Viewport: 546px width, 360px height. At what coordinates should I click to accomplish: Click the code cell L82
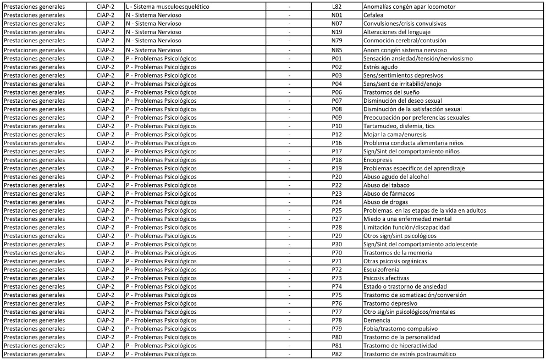tap(337, 7)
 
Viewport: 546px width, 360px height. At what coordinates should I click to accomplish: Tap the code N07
tap(337, 24)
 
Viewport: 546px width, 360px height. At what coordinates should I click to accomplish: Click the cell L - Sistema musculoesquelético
tap(167, 7)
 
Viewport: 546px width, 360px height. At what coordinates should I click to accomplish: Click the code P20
tap(337, 176)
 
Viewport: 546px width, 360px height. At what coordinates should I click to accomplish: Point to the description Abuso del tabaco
tap(386, 185)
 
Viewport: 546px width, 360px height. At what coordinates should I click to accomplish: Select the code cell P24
tap(337, 202)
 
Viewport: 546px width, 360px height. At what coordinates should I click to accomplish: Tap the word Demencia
tap(377, 320)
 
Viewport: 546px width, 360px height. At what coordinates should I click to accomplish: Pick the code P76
tap(337, 303)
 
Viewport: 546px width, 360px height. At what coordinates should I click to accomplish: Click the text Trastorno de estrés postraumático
tap(409, 354)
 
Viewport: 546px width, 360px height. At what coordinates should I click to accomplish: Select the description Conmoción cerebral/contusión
tap(404, 41)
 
